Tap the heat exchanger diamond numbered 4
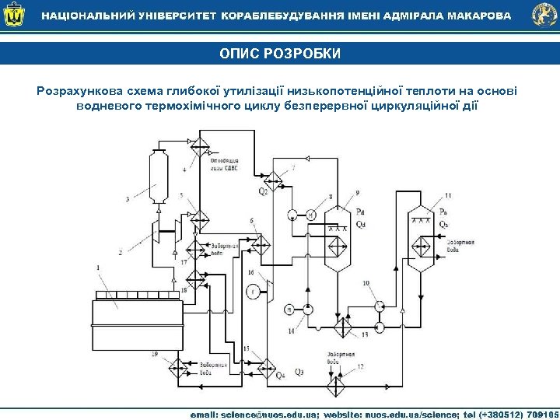pyautogui.click(x=203, y=146)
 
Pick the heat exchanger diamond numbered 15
pyautogui.click(x=267, y=365)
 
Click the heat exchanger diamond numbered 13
pyautogui.click(x=380, y=322)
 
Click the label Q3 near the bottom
pyautogui.click(x=299, y=373)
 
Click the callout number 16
pyautogui.click(x=250, y=273)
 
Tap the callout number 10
pyautogui.click(x=366, y=284)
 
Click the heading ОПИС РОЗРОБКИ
pyautogui.click(x=279, y=54)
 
